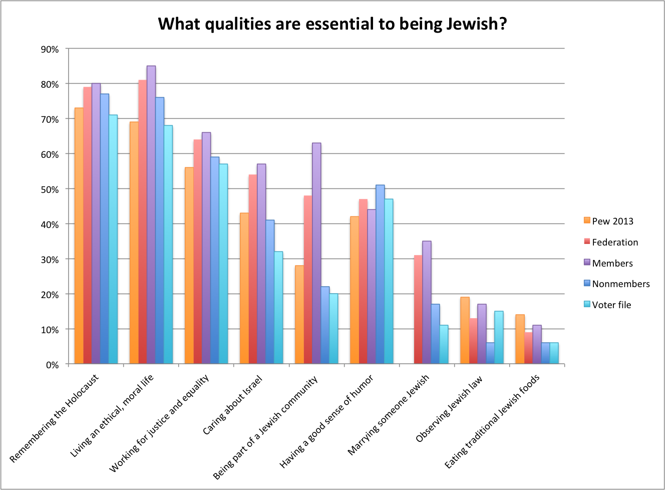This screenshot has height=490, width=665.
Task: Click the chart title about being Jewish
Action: (x=332, y=24)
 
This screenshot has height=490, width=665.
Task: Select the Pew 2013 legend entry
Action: (x=612, y=221)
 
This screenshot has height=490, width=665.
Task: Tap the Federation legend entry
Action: (x=614, y=242)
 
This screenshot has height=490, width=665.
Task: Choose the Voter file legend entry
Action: (x=611, y=305)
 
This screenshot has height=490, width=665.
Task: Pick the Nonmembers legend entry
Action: (x=620, y=284)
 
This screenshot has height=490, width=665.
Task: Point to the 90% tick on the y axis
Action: (x=50, y=49)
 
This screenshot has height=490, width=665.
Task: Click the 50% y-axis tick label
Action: (x=50, y=189)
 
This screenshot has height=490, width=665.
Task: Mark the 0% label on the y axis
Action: (x=52, y=365)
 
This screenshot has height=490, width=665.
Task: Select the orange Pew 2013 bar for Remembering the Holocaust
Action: (x=79, y=235)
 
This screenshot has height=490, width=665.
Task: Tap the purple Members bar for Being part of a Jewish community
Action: (x=316, y=253)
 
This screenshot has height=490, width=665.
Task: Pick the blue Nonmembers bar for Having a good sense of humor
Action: (x=380, y=274)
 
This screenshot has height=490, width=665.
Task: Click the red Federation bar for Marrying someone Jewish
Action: (x=418, y=309)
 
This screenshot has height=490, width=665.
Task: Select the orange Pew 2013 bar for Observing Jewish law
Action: (x=465, y=330)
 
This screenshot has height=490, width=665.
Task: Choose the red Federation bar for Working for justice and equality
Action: (x=198, y=252)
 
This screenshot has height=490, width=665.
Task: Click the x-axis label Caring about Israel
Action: (x=232, y=405)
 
